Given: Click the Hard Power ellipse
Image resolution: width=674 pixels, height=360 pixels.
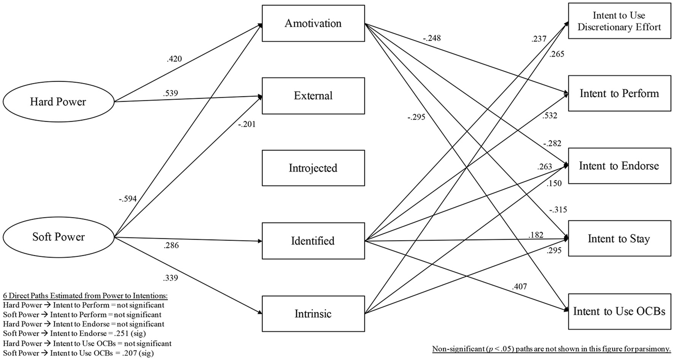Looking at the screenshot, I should pos(58,101).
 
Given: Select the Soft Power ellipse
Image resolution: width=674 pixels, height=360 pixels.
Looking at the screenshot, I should pos(58,237).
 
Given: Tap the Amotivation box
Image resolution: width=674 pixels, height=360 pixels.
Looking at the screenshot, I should pos(313,23).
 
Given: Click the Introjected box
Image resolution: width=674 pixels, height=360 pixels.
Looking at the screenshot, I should pos(313,168).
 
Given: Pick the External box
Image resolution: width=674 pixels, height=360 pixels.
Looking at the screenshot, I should pos(313,95).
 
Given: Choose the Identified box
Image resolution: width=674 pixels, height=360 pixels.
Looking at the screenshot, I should pos(313,241).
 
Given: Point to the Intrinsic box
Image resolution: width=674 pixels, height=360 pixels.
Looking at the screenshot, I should pos(313,314).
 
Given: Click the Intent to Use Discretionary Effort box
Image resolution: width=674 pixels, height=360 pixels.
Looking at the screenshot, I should pos(619,21).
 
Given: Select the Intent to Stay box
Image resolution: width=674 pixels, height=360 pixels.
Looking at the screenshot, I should pos(619,238).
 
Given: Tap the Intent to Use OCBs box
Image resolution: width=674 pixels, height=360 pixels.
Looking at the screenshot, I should pos(619,311).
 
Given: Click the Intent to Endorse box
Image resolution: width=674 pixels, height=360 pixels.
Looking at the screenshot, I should pos(619,166).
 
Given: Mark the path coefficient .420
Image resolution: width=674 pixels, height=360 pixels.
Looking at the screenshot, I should pos(174,59).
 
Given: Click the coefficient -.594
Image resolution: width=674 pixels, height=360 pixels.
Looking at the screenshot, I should pos(127,199).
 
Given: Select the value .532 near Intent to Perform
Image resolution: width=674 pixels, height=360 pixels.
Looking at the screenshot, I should pos(549,116).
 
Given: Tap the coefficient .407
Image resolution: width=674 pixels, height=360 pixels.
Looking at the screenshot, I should pos(520,287).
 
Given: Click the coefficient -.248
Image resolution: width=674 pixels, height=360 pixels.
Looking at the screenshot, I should pos(431,38).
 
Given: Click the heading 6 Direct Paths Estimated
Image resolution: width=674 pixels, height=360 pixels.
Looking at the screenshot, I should pos(85,296).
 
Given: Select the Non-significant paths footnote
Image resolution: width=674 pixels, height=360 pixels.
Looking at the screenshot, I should pos(551,349).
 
